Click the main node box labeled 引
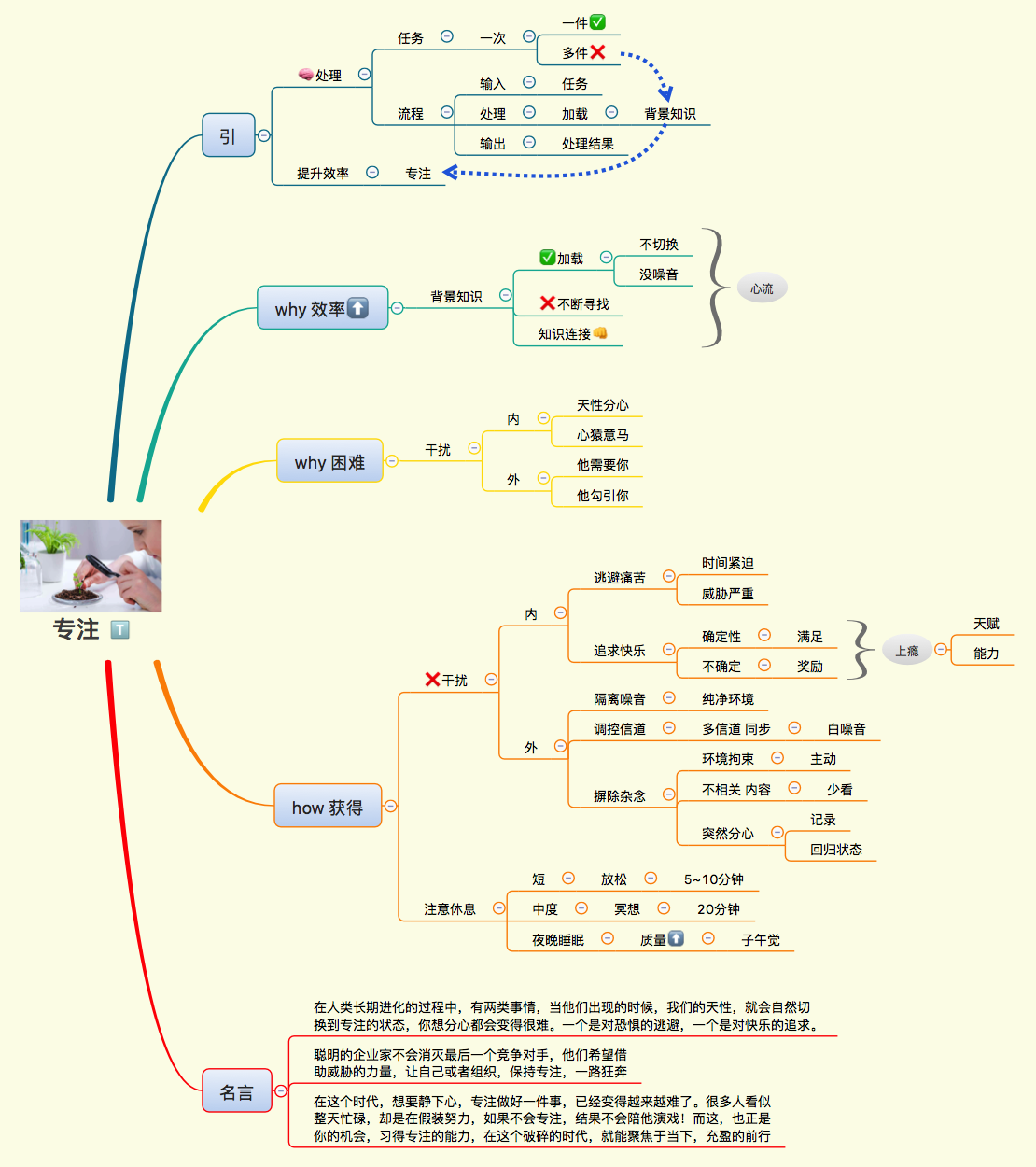[x=228, y=135]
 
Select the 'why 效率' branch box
[x=322, y=308]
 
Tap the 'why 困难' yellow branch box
[x=329, y=461]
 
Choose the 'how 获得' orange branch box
[x=328, y=807]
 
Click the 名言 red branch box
[x=237, y=1090]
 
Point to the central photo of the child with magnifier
[x=91, y=566]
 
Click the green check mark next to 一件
[x=598, y=22]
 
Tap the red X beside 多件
[x=598, y=52]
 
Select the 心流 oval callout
[x=762, y=288]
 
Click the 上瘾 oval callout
[x=906, y=651]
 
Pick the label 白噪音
[x=847, y=729]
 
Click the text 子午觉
[x=761, y=940]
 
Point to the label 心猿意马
[x=603, y=435]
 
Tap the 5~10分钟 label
[x=714, y=879]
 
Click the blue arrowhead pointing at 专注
[x=449, y=173]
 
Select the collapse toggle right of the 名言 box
[x=280, y=1090]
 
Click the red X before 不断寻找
[x=548, y=303]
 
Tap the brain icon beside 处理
[x=305, y=75]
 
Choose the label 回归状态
[x=836, y=850]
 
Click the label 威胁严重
[x=728, y=594]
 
